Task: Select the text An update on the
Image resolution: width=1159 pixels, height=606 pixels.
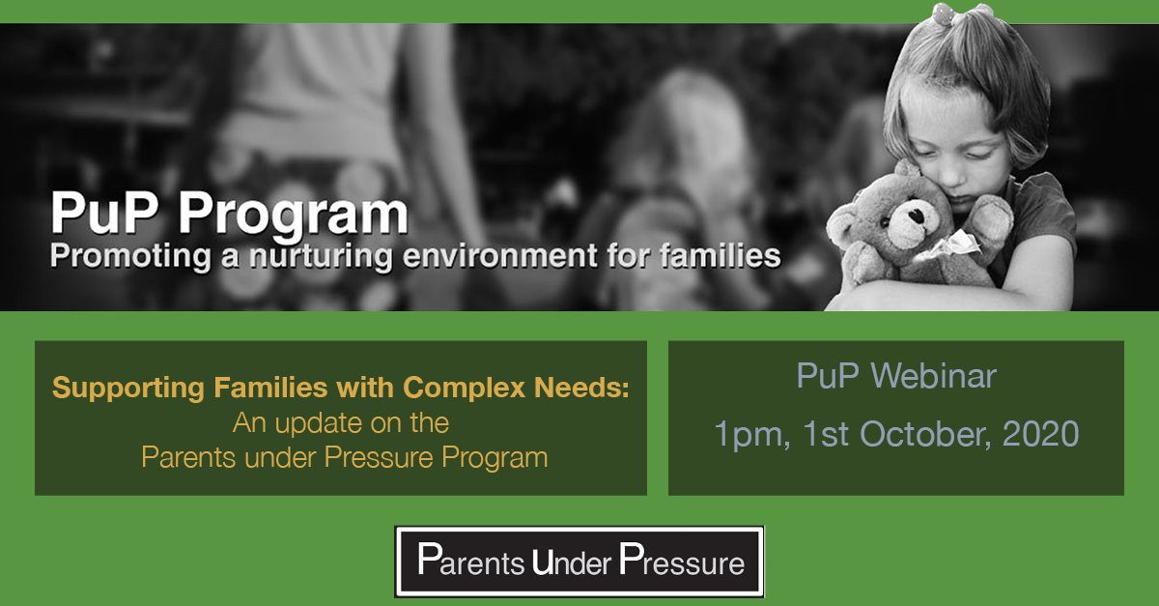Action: tap(341, 422)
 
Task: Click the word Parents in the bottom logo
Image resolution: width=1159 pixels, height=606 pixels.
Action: tap(472, 562)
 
